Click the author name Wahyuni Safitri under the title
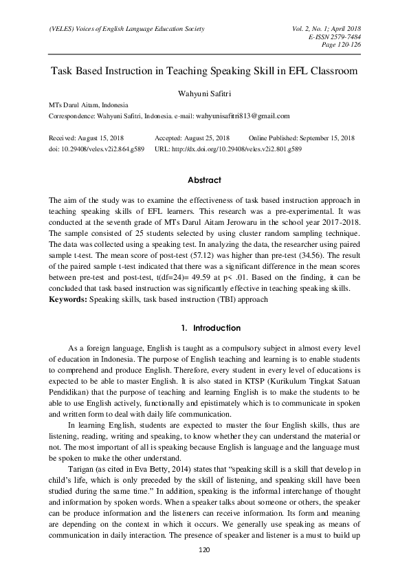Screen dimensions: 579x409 point(204,91)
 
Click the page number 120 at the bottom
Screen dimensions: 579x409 point(203,550)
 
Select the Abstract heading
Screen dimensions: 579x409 point(204,180)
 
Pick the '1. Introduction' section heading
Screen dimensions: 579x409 point(204,328)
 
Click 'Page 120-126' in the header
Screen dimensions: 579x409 point(342,45)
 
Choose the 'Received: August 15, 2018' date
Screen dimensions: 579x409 point(86,138)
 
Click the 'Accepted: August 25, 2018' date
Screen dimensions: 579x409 point(192,138)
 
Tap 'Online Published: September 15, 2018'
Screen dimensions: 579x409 point(302,138)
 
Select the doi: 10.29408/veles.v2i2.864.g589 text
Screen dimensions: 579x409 point(96,148)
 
